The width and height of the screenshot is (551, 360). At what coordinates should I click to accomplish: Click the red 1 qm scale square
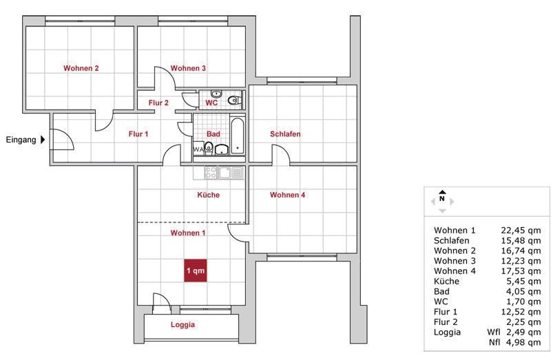tap(195, 271)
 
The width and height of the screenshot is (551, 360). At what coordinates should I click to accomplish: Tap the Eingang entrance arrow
tap(43, 140)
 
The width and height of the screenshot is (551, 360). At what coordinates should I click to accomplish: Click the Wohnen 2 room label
tap(81, 68)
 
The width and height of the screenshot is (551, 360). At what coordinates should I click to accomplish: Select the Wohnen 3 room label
tap(188, 68)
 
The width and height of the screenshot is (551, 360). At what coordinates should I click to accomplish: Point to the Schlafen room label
tap(285, 134)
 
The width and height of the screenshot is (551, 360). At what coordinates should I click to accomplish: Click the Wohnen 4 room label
tap(287, 195)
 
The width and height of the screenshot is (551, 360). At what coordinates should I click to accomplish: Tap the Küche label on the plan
tap(208, 195)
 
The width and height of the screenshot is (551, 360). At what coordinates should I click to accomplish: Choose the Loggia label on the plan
tap(183, 325)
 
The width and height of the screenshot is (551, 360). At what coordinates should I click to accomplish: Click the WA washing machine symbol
tap(198, 149)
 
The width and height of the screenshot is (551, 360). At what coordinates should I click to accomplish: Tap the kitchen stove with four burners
tap(211, 172)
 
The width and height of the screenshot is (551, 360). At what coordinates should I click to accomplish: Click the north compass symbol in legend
tap(442, 200)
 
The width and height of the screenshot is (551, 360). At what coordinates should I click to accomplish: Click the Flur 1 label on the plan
tap(138, 134)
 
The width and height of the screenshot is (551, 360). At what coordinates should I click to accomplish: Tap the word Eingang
tap(20, 140)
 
